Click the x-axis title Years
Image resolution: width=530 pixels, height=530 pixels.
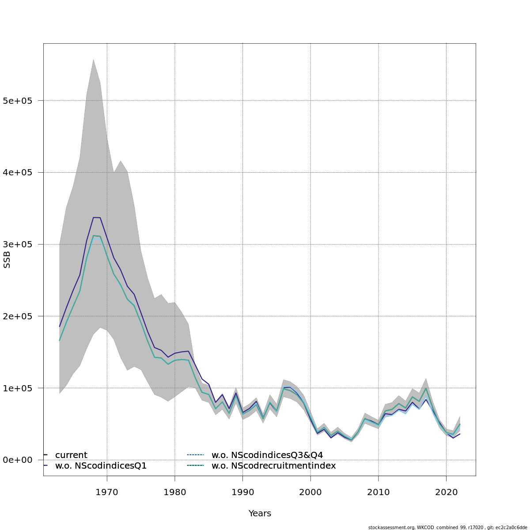click(260, 514)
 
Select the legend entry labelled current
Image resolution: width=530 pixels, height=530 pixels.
click(71, 455)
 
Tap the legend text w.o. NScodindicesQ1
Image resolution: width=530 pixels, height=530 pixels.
click(101, 466)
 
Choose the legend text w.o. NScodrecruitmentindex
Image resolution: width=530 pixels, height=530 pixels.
click(274, 466)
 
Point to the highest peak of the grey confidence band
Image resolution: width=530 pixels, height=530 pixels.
click(93, 60)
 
